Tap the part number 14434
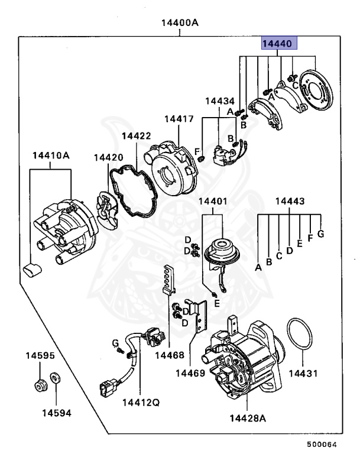pos(220,101)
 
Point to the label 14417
pos(179,119)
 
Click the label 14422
pos(137,136)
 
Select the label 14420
pos(109,157)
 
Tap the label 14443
pos(290,202)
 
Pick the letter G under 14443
pos(321,234)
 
